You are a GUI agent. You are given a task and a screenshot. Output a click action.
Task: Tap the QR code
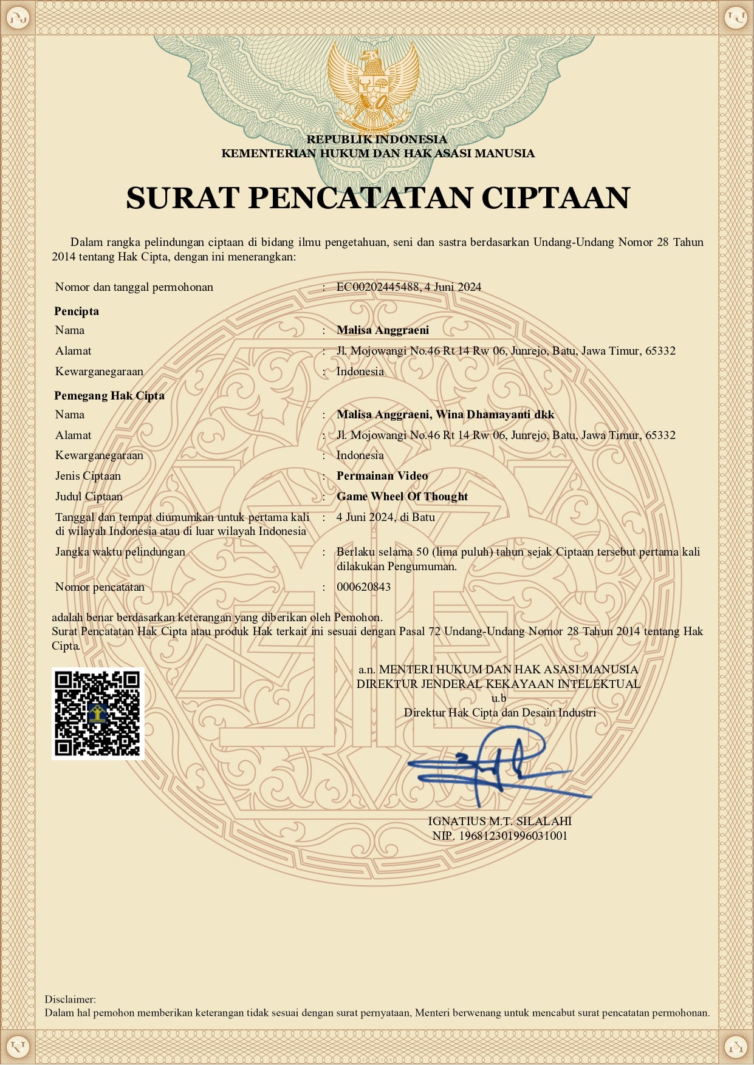(98, 713)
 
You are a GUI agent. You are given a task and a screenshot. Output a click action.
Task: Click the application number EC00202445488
(377, 287)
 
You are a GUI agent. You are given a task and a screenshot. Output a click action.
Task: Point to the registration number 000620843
(363, 587)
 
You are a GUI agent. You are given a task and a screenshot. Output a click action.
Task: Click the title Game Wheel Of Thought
(402, 497)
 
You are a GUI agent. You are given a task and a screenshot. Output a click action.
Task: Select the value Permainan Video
(382, 476)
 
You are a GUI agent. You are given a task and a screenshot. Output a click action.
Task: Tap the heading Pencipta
(77, 311)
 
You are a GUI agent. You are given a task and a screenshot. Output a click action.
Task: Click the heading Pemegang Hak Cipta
(109, 396)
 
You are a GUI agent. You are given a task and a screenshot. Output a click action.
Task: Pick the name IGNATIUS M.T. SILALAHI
(499, 822)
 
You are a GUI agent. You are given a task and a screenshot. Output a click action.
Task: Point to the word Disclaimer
(70, 999)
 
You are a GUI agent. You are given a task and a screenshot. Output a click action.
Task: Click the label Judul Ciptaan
(89, 497)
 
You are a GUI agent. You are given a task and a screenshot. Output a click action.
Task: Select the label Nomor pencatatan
(100, 587)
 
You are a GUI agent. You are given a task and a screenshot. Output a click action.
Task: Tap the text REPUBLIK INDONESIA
(377, 140)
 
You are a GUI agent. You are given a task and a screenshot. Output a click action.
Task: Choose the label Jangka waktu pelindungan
(120, 552)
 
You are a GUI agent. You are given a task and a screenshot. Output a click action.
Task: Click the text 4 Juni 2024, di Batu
(386, 517)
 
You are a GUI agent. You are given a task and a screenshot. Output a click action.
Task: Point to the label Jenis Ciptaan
(88, 476)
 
